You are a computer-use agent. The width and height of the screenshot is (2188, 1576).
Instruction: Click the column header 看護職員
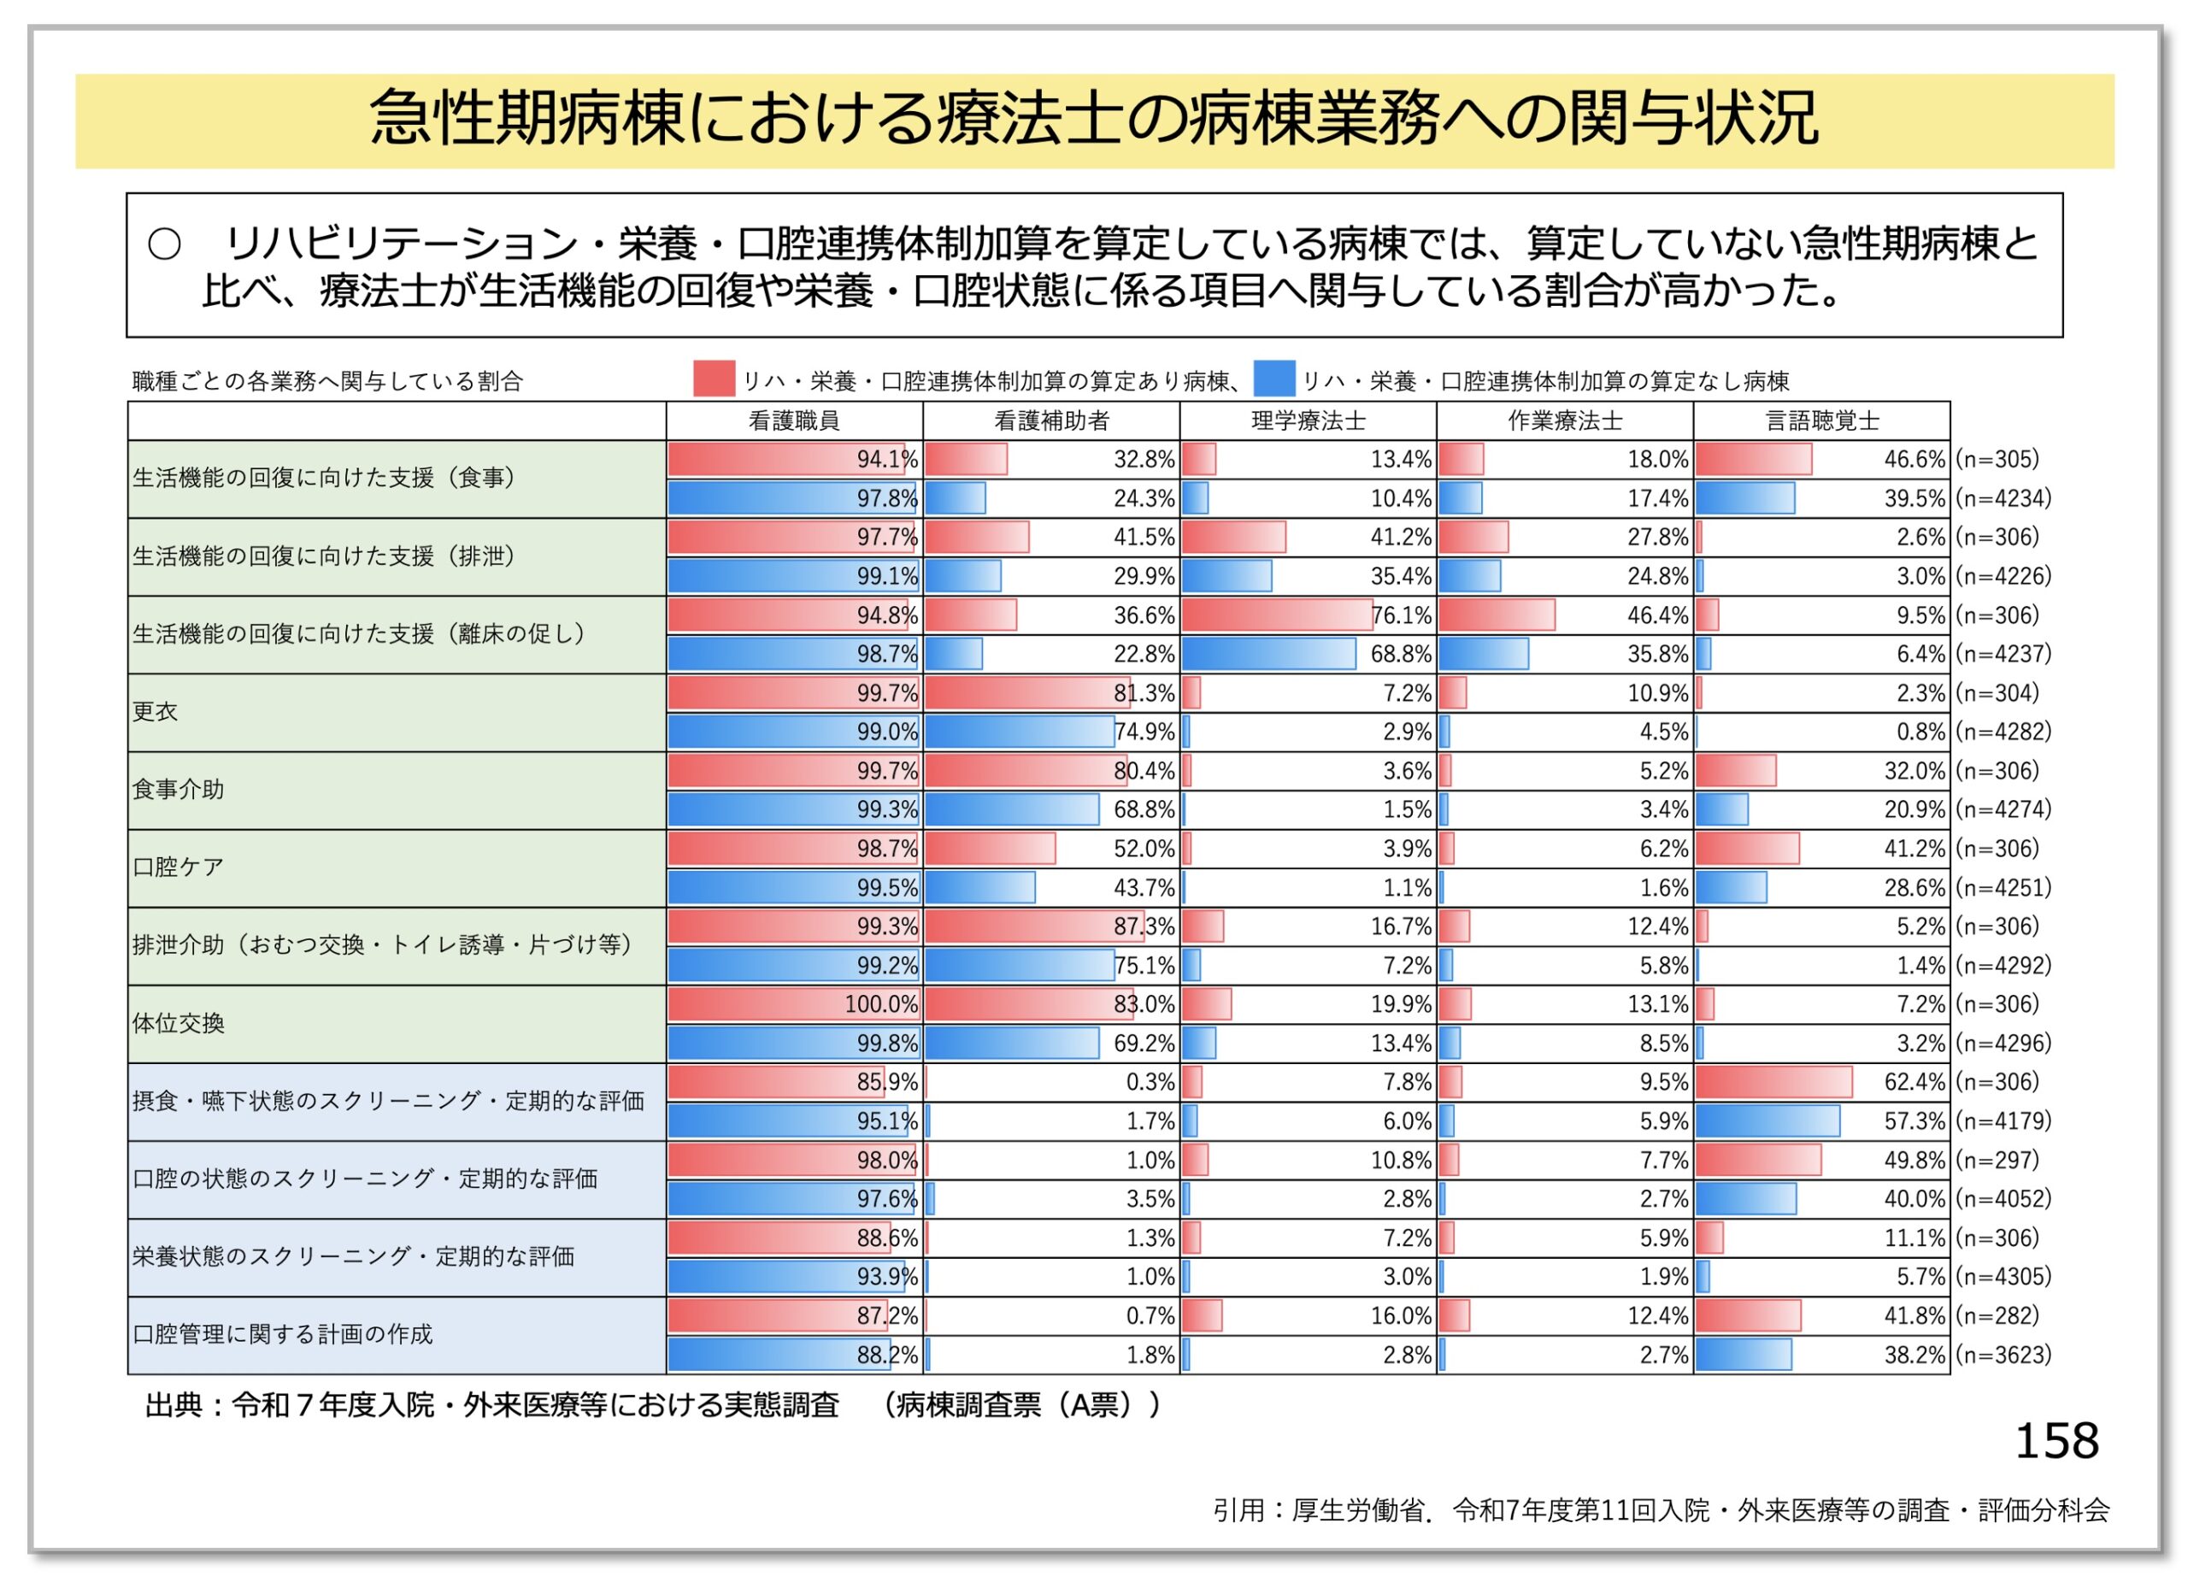[793, 420]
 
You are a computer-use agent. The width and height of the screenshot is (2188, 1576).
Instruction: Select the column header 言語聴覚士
[1821, 420]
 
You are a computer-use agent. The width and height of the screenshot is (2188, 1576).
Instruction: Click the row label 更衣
[156, 712]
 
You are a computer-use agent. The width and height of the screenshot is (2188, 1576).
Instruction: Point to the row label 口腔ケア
[178, 867]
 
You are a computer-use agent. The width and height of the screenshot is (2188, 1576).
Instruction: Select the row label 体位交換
[178, 1023]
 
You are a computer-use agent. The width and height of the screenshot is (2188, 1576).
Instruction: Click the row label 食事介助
[178, 790]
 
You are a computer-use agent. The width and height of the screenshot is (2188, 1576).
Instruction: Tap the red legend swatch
[713, 379]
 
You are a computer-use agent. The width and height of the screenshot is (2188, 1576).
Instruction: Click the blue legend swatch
[1273, 379]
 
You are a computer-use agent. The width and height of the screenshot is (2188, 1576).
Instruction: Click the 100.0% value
[881, 1004]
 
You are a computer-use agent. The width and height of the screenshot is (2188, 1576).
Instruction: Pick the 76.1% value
[1401, 615]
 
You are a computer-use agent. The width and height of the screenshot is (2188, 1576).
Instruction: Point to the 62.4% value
[1914, 1082]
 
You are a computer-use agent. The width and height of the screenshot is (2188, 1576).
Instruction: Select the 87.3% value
[1144, 927]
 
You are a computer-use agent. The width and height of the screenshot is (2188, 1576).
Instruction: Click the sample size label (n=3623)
[2003, 1355]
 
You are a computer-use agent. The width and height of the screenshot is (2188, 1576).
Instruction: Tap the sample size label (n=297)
[1997, 1161]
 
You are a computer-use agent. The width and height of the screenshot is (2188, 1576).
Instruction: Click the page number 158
[2056, 1442]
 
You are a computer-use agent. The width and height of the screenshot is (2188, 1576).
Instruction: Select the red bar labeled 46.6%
[1753, 460]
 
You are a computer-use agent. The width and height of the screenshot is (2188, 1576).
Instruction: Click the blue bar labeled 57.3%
[1767, 1120]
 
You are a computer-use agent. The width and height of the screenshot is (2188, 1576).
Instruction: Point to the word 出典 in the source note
[174, 1405]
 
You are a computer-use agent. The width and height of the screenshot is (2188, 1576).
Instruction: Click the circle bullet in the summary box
[164, 245]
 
